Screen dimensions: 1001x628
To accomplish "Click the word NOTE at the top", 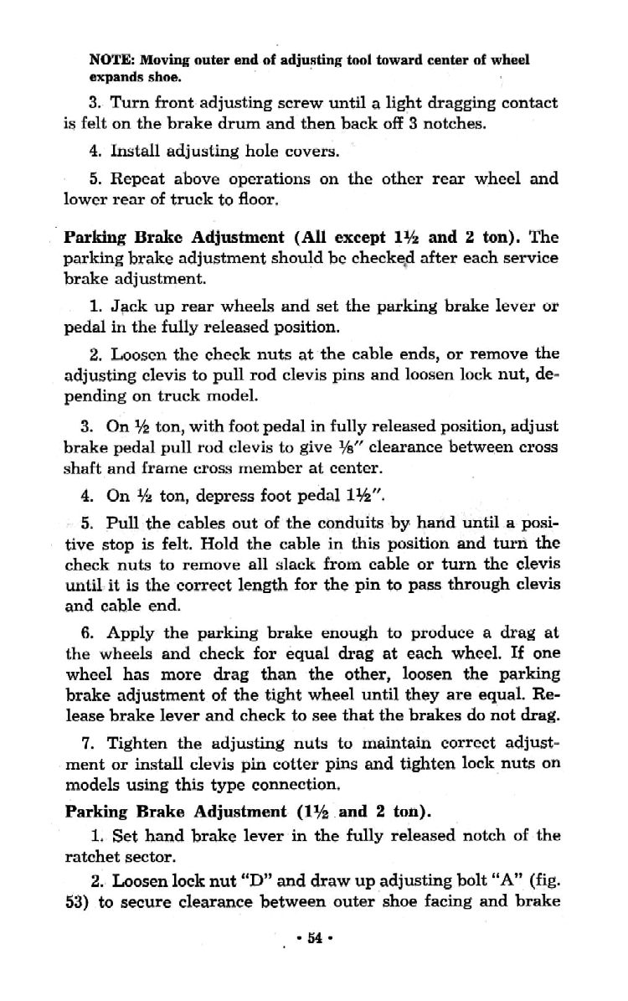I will (106, 60).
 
